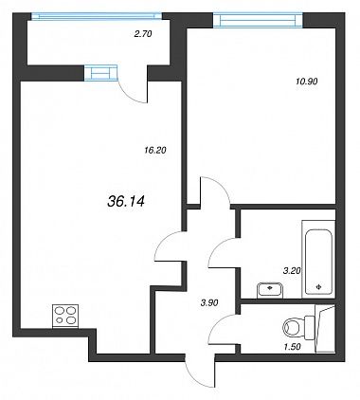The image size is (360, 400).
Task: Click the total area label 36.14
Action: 126,201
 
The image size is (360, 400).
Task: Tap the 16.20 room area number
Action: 154,151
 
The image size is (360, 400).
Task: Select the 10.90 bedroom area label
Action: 307,82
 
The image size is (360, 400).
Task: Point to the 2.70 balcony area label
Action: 143,34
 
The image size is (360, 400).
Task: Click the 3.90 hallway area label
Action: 209,302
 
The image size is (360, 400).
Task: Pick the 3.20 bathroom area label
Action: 292,270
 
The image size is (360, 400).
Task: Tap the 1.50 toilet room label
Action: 292,347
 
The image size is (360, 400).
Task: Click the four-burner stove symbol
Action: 65,316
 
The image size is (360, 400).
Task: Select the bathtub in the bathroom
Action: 318,259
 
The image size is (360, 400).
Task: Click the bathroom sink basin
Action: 270,290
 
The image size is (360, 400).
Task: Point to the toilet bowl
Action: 294,327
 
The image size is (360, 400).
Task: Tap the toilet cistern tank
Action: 310,327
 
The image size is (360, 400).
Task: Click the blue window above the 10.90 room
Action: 258,19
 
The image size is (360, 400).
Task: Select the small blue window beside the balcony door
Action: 100,73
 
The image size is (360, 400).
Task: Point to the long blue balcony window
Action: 97,16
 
